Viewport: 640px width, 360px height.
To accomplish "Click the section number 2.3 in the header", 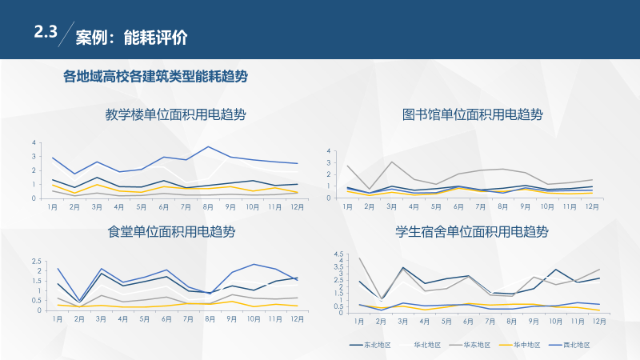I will tap(46, 33).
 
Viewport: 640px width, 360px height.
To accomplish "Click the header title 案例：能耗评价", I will tap(131, 38).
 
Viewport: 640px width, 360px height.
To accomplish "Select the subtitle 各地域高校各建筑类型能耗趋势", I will tap(155, 76).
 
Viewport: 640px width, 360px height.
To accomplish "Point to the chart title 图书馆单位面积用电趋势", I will tap(472, 114).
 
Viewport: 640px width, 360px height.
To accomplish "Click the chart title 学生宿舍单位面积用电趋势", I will tap(472, 232).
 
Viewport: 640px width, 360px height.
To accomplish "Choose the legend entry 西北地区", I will tap(576, 345).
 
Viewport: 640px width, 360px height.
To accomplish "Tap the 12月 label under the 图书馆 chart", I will tap(592, 206).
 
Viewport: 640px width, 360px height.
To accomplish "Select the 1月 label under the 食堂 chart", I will tap(58, 318).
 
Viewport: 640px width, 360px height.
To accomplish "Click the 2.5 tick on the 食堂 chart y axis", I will tap(36, 261).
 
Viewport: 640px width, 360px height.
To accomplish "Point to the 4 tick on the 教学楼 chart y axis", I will tap(34, 143).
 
